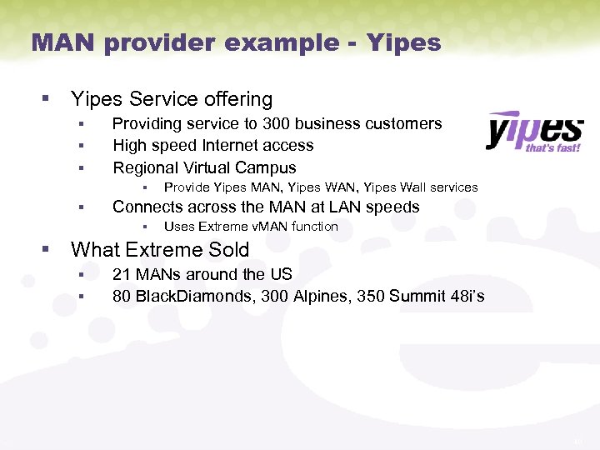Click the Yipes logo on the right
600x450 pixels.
coord(533,130)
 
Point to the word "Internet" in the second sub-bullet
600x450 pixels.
coord(227,146)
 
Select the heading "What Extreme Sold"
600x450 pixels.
coord(160,249)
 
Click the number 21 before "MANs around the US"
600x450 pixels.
coord(122,275)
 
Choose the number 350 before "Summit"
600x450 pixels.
coord(371,296)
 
